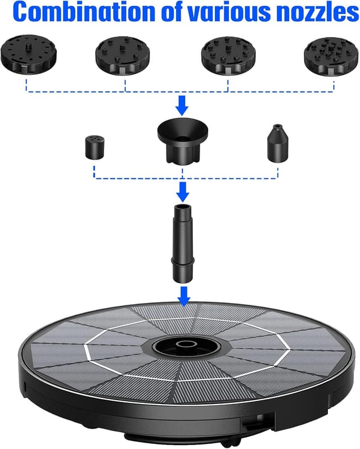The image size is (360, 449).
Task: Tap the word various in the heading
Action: point(235,12)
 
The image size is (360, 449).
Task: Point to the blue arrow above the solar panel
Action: point(182,294)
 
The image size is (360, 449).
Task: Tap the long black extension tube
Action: point(182,244)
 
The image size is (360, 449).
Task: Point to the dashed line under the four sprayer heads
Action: point(180,91)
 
